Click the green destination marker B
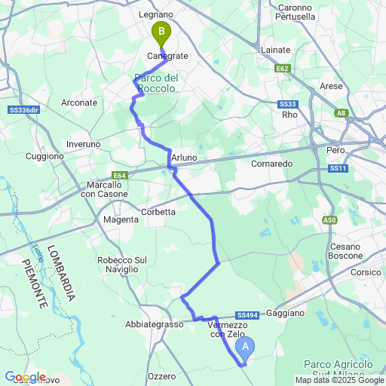click(x=161, y=32)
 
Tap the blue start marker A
click(x=245, y=348)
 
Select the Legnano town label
click(x=156, y=14)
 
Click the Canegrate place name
click(x=167, y=56)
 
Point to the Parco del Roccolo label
click(x=156, y=83)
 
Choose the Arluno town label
click(x=184, y=157)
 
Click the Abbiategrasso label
click(x=155, y=324)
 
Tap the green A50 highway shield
click(x=329, y=220)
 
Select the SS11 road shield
click(x=338, y=168)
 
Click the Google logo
click(x=25, y=377)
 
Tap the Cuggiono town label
click(x=44, y=156)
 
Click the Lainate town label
click(x=274, y=50)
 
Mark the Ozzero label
click(x=161, y=375)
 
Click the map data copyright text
click(x=339, y=380)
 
